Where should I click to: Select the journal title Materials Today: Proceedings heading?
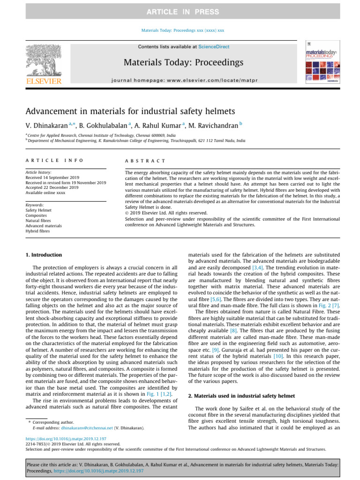(x=183, y=62)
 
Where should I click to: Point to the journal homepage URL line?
(x=183, y=81)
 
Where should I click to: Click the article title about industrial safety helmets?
(x=130, y=111)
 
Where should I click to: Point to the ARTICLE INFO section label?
(x=54, y=160)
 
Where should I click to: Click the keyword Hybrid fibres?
(x=37, y=231)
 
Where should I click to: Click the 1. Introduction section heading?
(x=43, y=255)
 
